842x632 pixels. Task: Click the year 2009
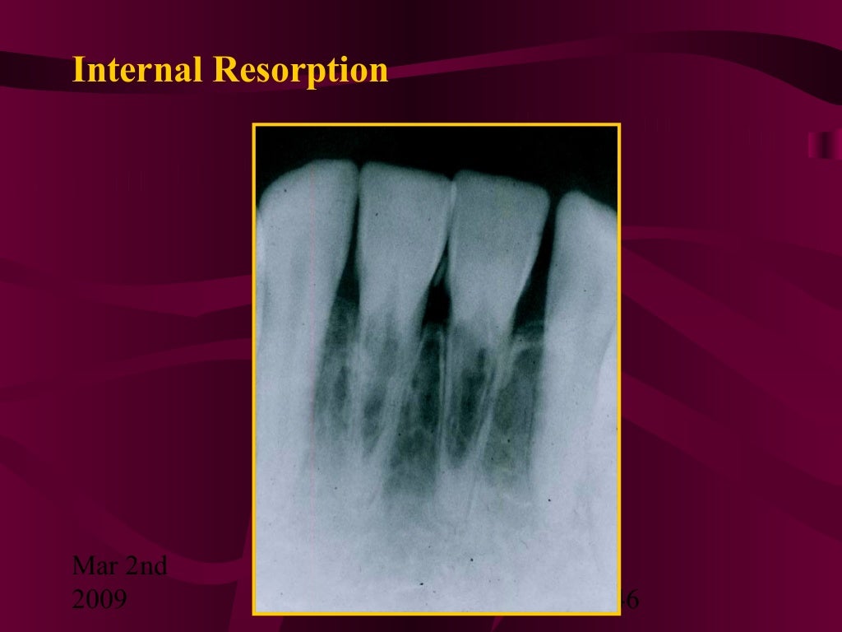[99, 599]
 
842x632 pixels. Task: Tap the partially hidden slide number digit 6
[632, 600]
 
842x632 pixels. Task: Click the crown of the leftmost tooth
[304, 222]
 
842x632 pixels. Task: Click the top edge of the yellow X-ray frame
[436, 125]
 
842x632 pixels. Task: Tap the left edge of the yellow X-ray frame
[254, 370]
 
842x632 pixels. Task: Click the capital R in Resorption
[222, 70]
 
